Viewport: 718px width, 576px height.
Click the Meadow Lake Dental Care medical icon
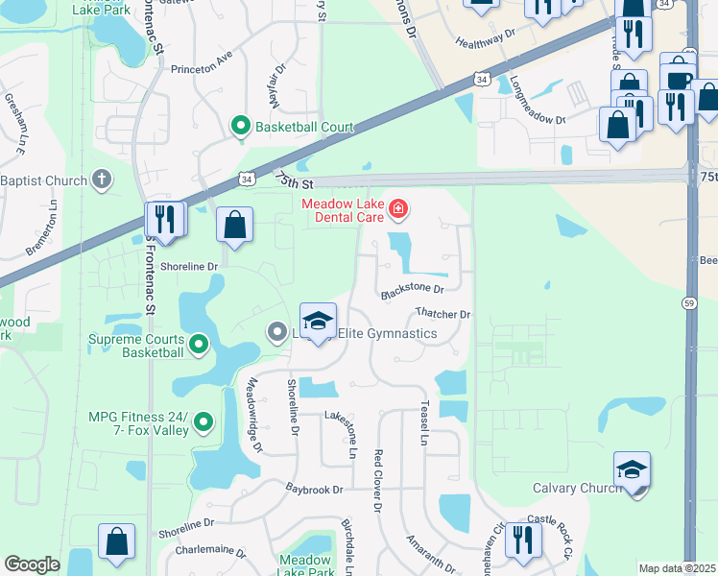point(397,207)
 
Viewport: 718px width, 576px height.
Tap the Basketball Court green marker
point(239,126)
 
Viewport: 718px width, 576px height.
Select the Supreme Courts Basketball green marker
point(199,343)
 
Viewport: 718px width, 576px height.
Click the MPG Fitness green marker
point(203,421)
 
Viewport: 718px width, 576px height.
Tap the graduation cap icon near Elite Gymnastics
point(319,321)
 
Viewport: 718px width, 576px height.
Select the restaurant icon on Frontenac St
point(164,220)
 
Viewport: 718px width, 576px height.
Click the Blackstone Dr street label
point(413,288)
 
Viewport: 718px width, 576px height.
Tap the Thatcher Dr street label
point(443,314)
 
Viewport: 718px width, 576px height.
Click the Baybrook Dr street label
point(314,490)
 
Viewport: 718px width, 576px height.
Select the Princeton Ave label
point(202,69)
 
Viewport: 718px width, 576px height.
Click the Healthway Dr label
point(487,43)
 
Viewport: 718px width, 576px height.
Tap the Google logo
point(32,564)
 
